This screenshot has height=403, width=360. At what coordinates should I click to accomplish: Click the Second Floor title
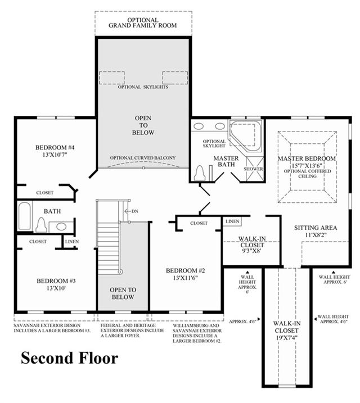coord(69,358)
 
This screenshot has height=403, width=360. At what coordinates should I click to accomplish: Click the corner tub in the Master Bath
coord(246,135)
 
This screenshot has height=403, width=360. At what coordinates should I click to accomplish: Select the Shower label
coord(253,169)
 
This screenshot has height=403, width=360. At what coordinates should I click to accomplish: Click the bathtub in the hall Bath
coord(24,216)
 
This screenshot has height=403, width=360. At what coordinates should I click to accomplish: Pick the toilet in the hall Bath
coord(41,224)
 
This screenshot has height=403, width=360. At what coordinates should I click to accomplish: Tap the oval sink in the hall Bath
coord(61,227)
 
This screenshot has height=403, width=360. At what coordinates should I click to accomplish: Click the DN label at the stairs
coord(135,211)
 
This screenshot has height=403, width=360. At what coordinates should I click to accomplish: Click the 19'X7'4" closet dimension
coord(287,338)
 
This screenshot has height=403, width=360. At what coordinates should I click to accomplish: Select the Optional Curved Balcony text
coord(143,158)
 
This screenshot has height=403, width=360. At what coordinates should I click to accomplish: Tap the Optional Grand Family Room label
coord(143,22)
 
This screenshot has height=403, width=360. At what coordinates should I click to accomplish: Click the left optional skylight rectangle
coord(112,78)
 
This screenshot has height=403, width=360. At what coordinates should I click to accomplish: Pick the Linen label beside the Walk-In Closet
coord(232,221)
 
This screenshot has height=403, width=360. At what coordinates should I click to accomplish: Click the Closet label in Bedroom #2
coord(199,223)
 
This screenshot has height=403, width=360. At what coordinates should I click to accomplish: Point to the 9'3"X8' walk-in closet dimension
coord(252,251)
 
